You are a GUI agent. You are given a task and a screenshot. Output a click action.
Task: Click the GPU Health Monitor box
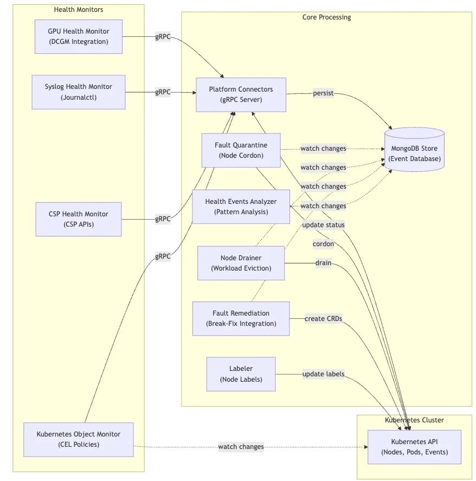(x=79, y=36)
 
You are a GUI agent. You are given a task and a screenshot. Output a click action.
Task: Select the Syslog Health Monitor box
(x=79, y=92)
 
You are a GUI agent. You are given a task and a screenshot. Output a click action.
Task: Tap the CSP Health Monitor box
(x=79, y=219)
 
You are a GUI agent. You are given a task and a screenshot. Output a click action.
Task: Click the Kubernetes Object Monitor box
(x=79, y=439)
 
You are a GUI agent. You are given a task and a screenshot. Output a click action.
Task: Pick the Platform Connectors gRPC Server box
(x=241, y=94)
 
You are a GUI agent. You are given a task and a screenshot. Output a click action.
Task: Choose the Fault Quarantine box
(x=241, y=150)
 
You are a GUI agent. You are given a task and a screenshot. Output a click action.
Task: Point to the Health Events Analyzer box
(x=241, y=207)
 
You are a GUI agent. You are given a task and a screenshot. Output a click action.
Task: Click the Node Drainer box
(x=241, y=263)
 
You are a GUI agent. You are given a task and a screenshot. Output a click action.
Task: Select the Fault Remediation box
(x=241, y=318)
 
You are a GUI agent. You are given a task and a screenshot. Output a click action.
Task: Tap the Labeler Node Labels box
(x=241, y=374)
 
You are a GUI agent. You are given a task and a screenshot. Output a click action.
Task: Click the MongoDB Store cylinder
(x=414, y=150)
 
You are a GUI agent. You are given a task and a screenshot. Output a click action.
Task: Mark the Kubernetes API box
(x=414, y=447)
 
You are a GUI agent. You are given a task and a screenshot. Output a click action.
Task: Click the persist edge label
(x=323, y=93)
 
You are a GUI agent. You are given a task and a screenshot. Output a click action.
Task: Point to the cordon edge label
(x=323, y=244)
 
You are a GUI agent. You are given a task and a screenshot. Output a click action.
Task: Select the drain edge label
(x=323, y=263)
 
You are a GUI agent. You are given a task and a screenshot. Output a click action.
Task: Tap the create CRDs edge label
(x=323, y=318)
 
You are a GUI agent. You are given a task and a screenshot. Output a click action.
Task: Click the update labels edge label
(x=323, y=374)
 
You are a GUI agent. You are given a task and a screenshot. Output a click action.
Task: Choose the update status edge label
(x=323, y=225)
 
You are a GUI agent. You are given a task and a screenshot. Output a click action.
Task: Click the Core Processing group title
(x=326, y=17)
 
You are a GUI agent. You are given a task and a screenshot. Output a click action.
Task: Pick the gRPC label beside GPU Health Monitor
(x=163, y=36)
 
